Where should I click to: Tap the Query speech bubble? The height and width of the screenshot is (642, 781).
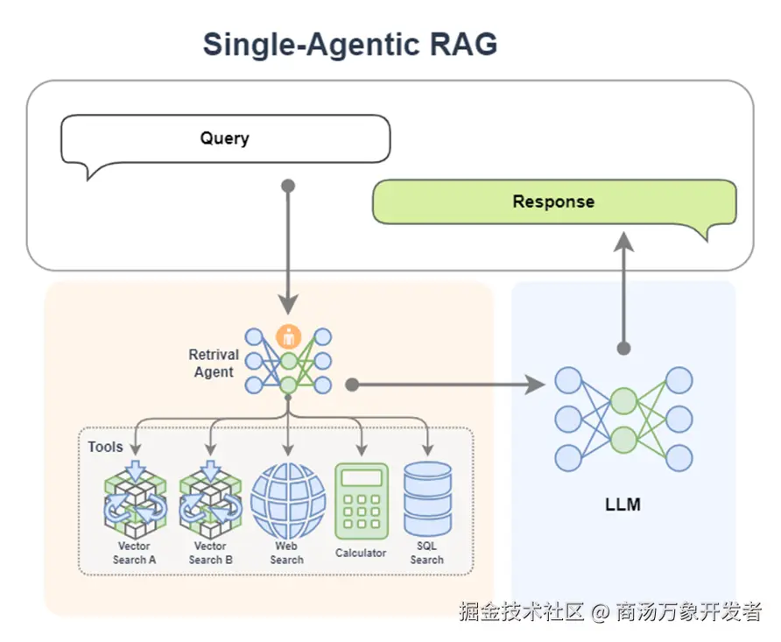pos(224,138)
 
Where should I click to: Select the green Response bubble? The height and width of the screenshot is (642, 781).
pos(553,201)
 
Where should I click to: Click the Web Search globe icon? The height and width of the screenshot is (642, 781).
pos(287,501)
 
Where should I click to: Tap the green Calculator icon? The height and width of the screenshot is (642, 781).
pos(361,501)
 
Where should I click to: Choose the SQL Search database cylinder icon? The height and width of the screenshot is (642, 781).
pos(427,499)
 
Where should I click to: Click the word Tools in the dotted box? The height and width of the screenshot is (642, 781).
pos(105,447)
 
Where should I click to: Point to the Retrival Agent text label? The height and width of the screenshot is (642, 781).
pos(214,363)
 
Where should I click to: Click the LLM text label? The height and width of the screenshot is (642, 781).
pos(623,504)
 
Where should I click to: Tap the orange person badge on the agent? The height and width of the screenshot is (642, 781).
pos(288,335)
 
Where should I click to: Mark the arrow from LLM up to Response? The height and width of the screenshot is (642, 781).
pos(623,289)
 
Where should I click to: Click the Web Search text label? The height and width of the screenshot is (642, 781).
pos(287,554)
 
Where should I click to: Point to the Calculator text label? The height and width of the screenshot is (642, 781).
pos(361,553)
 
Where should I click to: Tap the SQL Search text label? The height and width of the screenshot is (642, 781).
pos(427,554)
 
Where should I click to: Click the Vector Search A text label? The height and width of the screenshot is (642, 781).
pos(135,554)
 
